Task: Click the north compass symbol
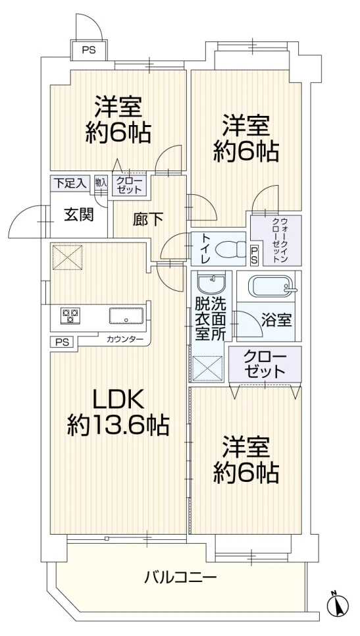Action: coord(337,604)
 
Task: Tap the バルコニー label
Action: coord(180,579)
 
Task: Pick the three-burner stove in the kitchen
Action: coord(70,316)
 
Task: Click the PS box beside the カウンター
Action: coord(62,341)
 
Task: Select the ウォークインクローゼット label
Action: coord(275,240)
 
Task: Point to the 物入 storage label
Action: coord(101,183)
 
